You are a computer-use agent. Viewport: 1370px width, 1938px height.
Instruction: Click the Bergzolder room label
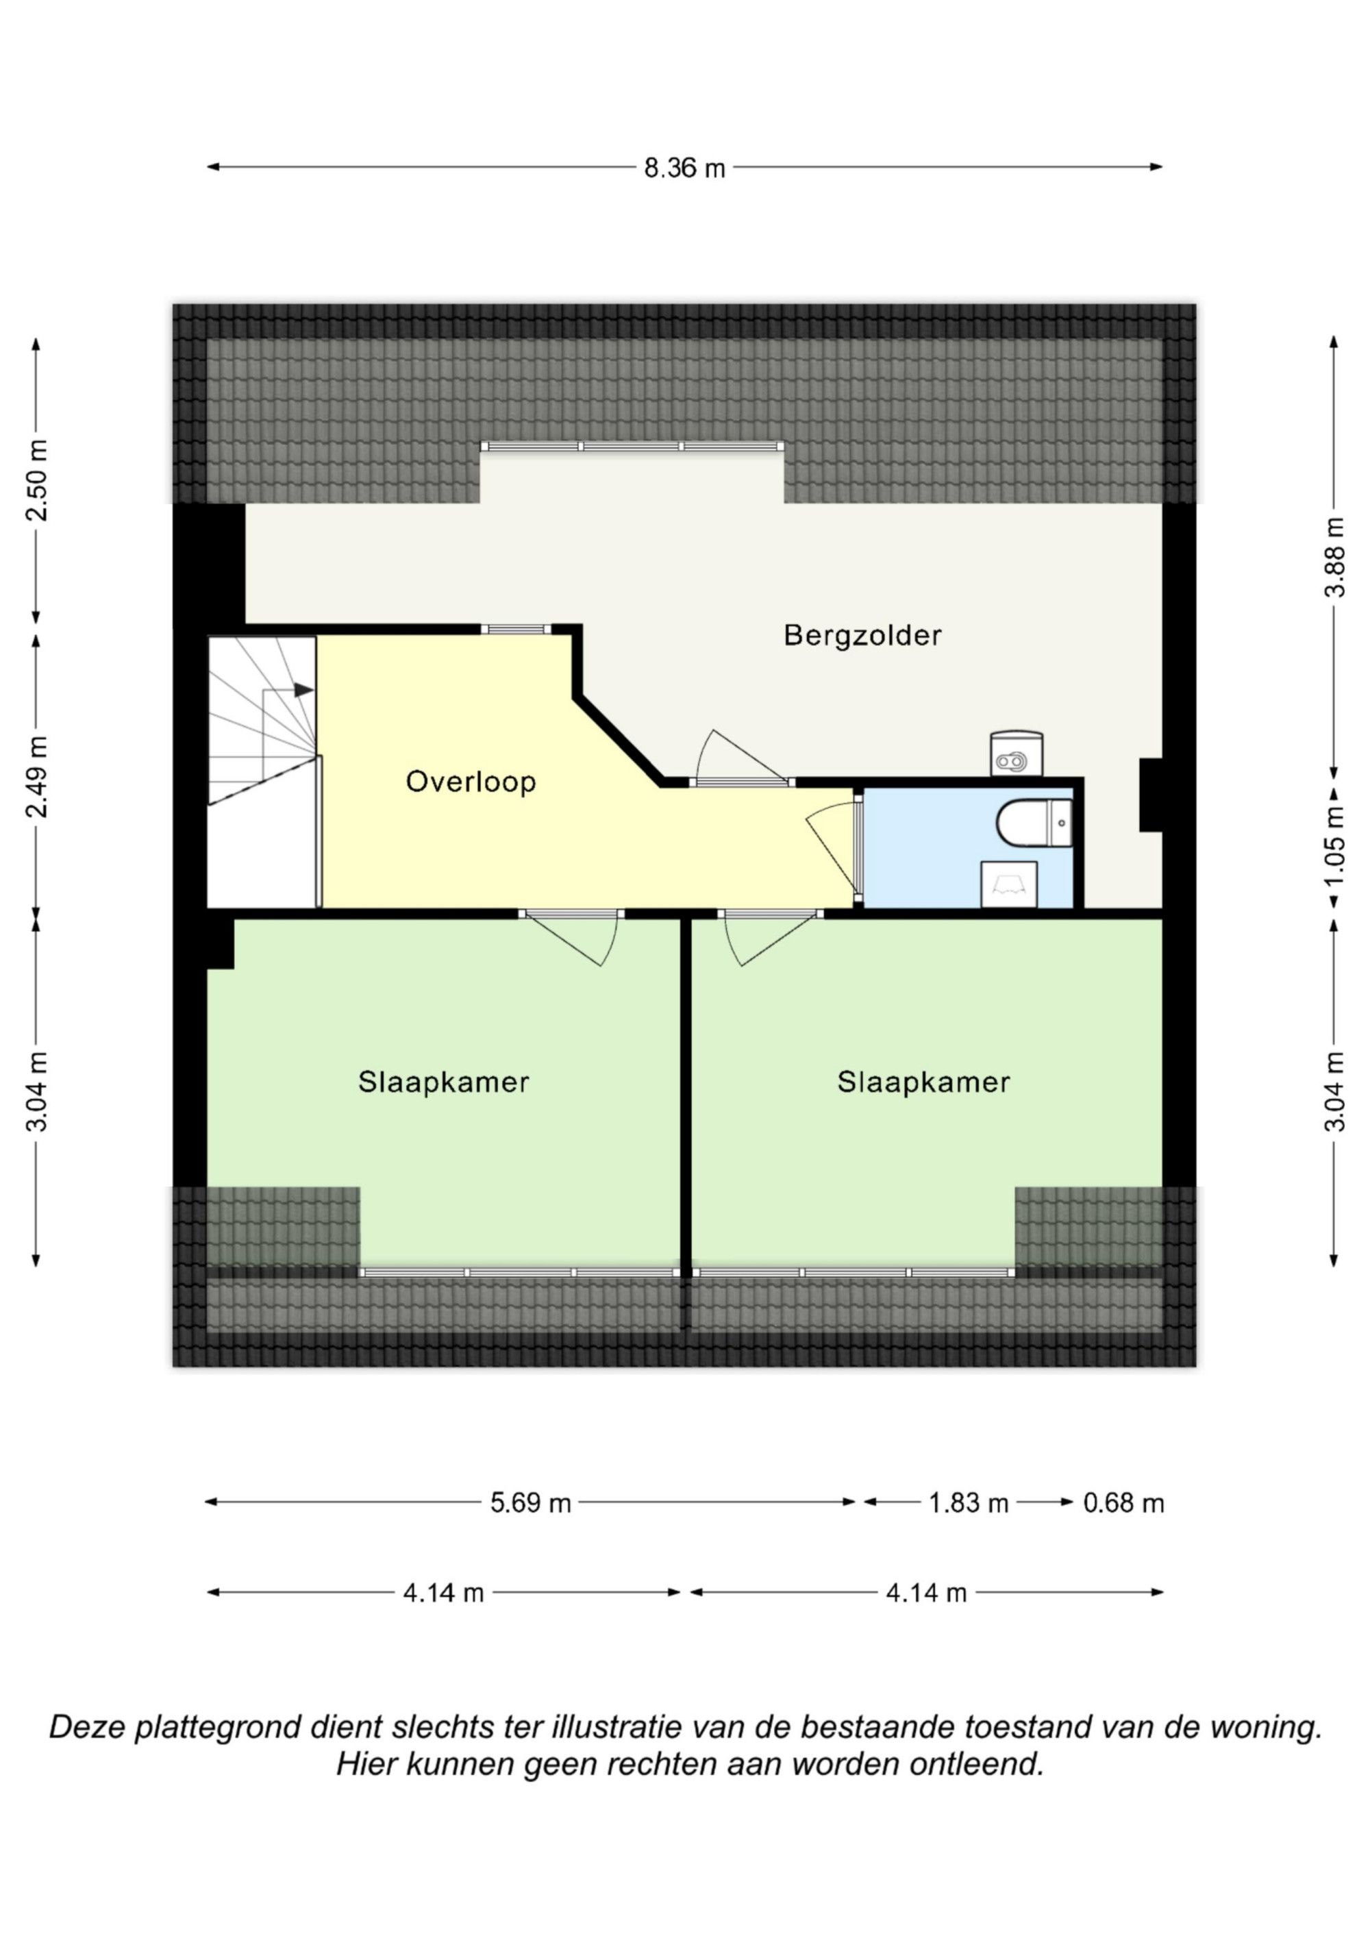pyautogui.click(x=862, y=636)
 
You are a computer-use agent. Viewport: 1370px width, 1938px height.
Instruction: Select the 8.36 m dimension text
pyautogui.click(x=684, y=168)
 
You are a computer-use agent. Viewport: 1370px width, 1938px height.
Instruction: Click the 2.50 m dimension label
pyautogui.click(x=38, y=480)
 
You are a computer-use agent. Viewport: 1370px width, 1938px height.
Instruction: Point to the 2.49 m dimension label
pyautogui.click(x=38, y=777)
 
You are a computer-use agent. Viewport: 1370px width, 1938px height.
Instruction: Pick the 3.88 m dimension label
pyautogui.click(x=1334, y=557)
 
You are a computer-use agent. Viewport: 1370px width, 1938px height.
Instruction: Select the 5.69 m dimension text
pyautogui.click(x=531, y=1503)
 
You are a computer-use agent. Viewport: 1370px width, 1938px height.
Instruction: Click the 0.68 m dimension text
pyautogui.click(x=1123, y=1503)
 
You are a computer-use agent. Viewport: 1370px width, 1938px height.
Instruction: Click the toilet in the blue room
pyautogui.click(x=1034, y=823)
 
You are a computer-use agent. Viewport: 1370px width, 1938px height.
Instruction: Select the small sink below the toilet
pyautogui.click(x=1009, y=884)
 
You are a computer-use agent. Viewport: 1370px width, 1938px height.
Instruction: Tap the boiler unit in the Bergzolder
pyautogui.click(x=1017, y=753)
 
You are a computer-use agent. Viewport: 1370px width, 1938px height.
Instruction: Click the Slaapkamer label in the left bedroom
pyautogui.click(x=443, y=1082)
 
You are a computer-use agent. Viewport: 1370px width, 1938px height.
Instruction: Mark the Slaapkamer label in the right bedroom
pyautogui.click(x=923, y=1082)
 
